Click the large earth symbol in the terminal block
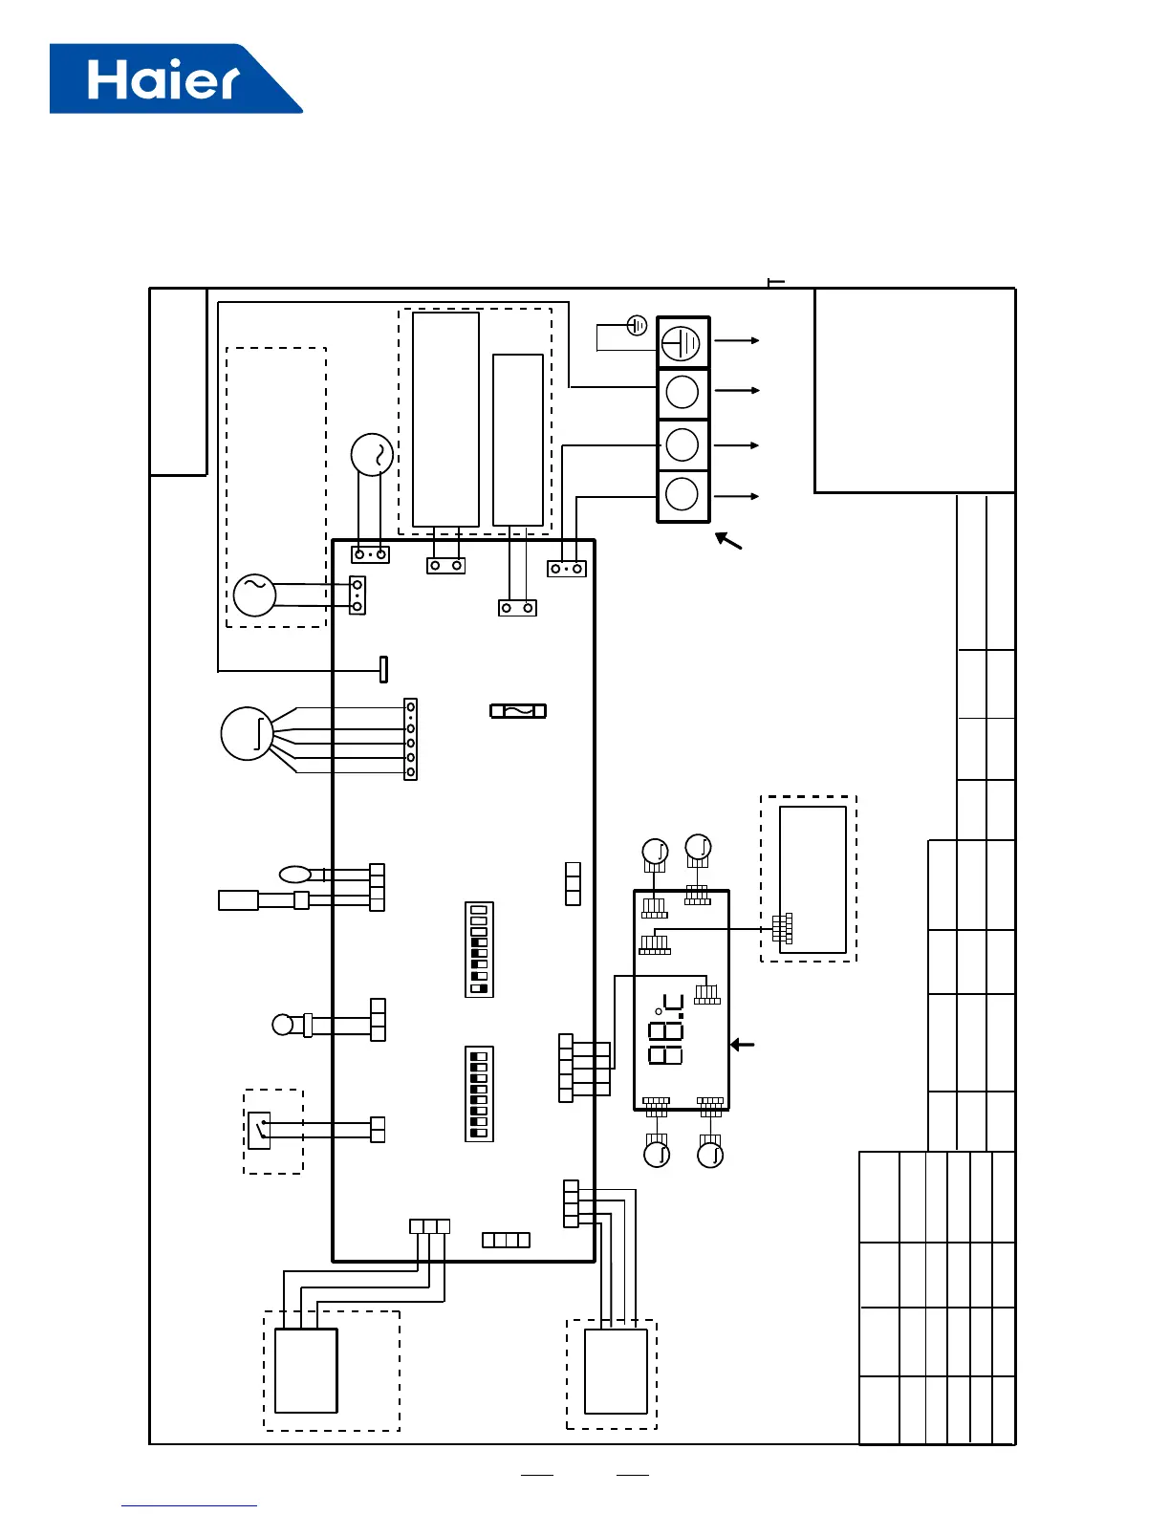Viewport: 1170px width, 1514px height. (682, 342)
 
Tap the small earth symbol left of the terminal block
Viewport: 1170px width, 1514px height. (638, 326)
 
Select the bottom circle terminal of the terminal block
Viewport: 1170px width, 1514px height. (682, 494)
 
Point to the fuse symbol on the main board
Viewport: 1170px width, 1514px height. (518, 711)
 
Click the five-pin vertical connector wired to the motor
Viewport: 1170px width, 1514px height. (411, 740)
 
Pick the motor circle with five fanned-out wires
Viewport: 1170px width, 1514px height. (248, 733)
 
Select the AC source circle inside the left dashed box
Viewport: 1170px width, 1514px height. (254, 595)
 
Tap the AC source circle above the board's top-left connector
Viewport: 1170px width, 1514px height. (372, 455)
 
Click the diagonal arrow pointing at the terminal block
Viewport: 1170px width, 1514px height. (728, 541)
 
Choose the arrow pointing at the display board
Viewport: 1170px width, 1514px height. (743, 1045)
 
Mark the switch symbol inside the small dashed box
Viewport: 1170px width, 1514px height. (259, 1130)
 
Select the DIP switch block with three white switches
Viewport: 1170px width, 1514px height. (479, 949)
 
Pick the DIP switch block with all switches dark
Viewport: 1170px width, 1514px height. (479, 1093)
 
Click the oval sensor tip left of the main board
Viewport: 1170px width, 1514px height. (294, 873)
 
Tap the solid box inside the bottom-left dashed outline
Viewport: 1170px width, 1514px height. (306, 1370)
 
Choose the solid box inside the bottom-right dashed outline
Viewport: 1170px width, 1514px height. (616, 1371)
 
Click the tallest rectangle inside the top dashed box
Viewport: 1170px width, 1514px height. (445, 419)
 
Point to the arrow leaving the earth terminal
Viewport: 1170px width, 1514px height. (737, 340)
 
